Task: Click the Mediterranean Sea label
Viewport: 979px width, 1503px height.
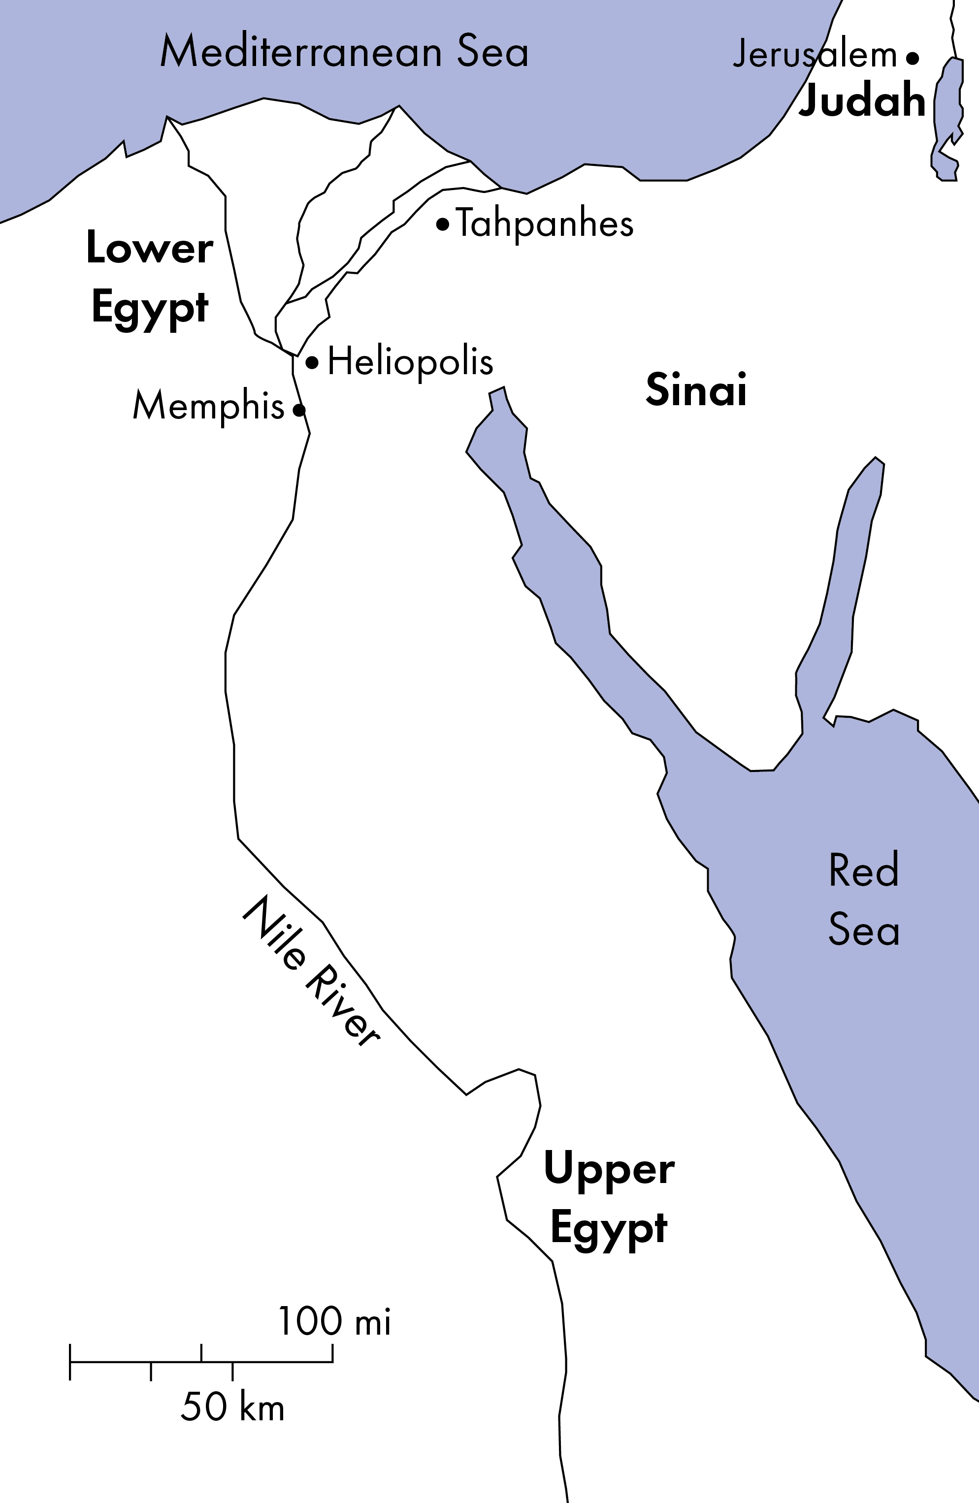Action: point(344,52)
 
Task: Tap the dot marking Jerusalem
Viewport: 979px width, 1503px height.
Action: point(912,58)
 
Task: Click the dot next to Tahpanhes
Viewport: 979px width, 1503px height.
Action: point(443,224)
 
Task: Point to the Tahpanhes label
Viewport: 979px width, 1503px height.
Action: point(545,224)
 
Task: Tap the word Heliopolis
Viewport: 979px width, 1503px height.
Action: point(410,362)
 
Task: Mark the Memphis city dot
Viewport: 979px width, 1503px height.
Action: point(299,410)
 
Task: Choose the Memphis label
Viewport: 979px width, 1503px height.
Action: point(208,406)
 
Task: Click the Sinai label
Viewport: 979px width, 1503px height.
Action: point(696,389)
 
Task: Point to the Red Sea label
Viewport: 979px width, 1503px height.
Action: point(863,900)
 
